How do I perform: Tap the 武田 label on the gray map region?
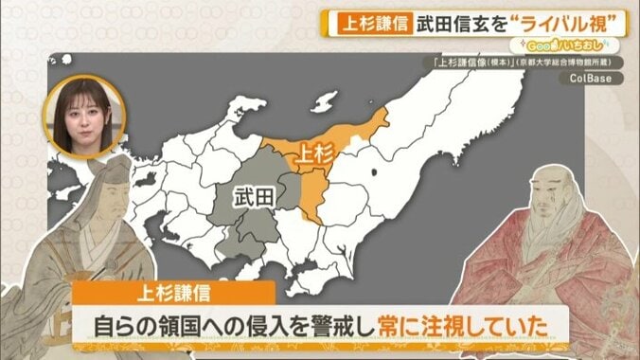coord(256,197)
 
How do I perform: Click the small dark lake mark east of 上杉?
coord(376,171)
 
